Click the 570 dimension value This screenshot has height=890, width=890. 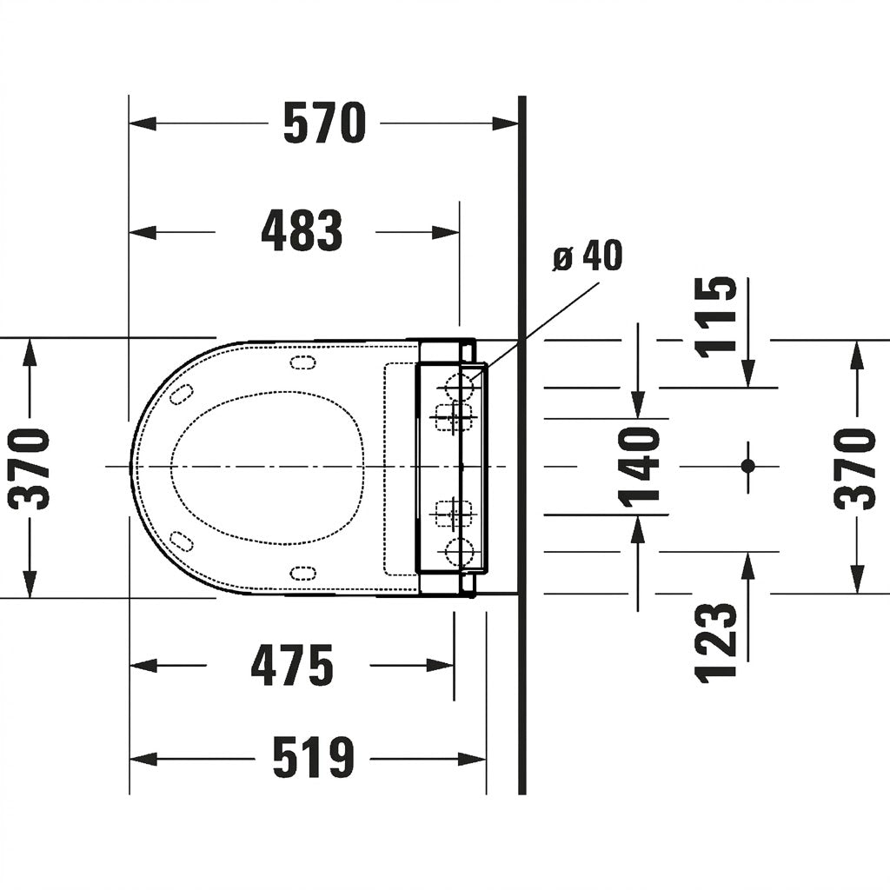325,123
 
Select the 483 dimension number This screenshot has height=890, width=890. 302,231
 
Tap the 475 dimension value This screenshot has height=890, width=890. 292,665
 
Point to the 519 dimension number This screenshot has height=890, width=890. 313,757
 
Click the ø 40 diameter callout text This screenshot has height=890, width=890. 587,256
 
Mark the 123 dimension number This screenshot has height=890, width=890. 716,642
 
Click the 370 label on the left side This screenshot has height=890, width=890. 29,468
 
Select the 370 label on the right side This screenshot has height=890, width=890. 854,468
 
